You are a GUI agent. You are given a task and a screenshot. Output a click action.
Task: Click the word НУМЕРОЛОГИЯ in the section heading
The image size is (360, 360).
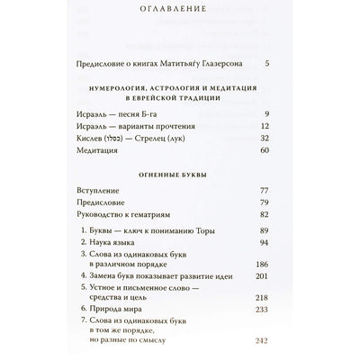(x=125, y=90)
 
